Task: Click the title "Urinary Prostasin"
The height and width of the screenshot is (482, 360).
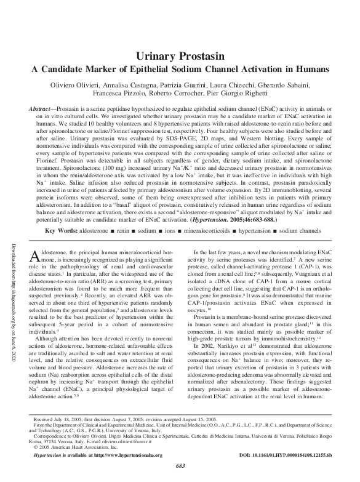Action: click(179, 55)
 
